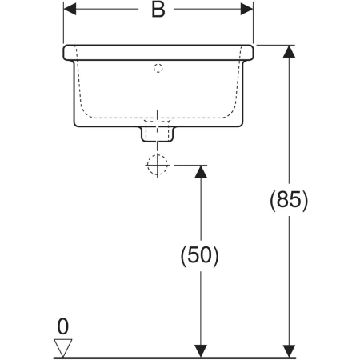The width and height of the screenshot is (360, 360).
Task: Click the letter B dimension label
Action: [158, 10]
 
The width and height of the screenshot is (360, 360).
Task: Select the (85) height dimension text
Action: [289, 201]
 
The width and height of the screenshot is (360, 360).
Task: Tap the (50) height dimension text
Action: [199, 256]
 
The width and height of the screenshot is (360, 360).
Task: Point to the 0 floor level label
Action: [63, 326]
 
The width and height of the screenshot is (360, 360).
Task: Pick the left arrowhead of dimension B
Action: [70, 9]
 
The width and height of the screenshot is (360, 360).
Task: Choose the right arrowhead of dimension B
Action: [246, 9]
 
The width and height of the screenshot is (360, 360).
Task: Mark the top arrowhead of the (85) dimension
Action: [289, 51]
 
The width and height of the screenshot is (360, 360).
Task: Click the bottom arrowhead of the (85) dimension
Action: [289, 351]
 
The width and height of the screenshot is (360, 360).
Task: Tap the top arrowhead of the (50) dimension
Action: [201, 171]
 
